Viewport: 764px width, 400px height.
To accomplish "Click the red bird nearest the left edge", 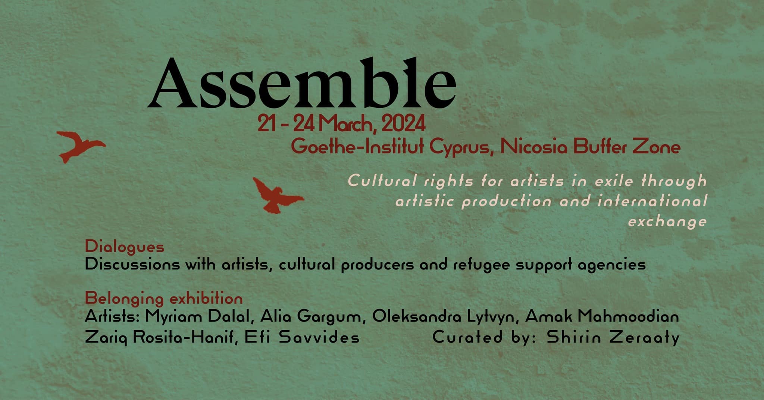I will [x=80, y=146].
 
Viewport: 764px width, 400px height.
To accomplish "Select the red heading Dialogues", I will [x=125, y=247].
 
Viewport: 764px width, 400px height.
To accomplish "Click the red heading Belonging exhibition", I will [x=164, y=299].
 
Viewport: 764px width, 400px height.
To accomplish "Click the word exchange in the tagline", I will [x=667, y=222].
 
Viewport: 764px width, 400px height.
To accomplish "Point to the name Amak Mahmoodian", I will [x=602, y=317].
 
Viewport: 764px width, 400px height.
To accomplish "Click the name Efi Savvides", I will [x=302, y=338].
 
